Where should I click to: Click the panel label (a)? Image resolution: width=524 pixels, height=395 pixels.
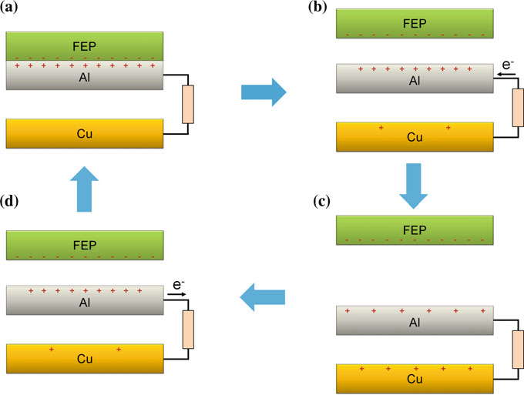[16, 12]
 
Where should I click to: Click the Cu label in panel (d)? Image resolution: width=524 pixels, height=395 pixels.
[84, 360]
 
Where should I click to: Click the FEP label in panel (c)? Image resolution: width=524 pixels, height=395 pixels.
[414, 231]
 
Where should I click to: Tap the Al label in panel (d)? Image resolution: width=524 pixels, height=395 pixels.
[85, 303]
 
